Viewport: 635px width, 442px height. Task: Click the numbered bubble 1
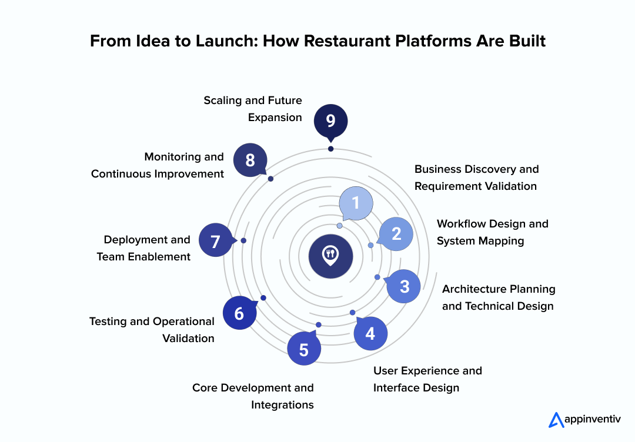pos(356,203)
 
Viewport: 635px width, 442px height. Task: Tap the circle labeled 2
pos(396,234)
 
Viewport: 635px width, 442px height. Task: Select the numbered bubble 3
pos(405,286)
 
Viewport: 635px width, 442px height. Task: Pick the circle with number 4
pos(370,334)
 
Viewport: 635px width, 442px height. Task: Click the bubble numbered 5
pos(304,350)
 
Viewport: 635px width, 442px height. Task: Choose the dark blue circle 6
pos(239,313)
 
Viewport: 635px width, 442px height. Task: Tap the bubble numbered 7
pos(215,241)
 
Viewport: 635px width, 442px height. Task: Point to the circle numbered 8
pos(250,160)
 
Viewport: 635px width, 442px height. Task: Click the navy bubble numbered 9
pos(330,120)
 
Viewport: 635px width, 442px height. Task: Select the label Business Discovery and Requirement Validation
pos(476,178)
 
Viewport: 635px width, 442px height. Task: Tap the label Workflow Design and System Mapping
pos(492,232)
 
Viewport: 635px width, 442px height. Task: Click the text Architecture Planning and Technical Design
pos(499,297)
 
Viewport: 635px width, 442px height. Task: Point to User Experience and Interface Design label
pos(427,379)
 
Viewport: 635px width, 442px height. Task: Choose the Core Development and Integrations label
pos(253,396)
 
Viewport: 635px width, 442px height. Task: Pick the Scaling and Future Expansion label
pos(253,109)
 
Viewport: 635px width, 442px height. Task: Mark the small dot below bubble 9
pos(330,149)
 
